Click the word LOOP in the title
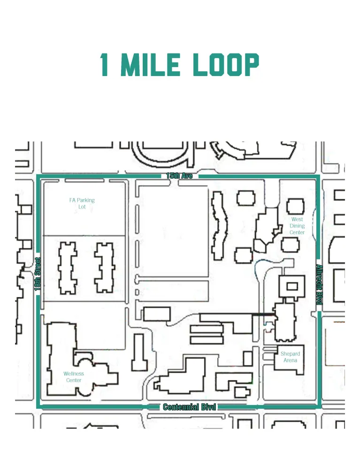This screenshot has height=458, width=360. point(227,65)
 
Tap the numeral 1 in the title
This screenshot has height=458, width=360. point(105,65)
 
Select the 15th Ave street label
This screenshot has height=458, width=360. point(179,176)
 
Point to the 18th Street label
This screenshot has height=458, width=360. point(38,274)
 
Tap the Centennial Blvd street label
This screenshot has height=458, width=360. point(189,407)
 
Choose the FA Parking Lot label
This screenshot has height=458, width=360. point(82,203)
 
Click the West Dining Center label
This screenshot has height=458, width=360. point(297,226)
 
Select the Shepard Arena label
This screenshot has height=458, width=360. point(290,357)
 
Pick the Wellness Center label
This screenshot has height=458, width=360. point(74,377)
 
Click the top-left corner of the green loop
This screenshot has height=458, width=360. point(38,176)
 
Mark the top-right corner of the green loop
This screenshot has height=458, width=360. point(319,176)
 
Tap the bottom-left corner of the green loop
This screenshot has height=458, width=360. point(38,406)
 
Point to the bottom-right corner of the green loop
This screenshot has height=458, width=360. point(319,406)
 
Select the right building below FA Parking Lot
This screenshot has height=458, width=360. point(104,267)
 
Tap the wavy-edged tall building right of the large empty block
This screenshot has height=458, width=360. point(219,225)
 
